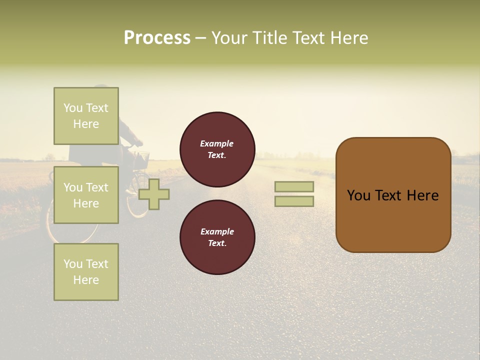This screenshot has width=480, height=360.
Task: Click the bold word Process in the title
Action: coord(157,38)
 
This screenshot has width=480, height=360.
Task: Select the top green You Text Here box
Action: coord(86,116)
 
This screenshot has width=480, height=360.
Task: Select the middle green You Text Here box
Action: coord(86,195)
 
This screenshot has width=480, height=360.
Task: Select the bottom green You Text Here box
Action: coord(86,271)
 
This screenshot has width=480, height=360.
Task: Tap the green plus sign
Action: coord(153,194)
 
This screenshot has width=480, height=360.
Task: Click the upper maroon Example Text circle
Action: coord(217,149)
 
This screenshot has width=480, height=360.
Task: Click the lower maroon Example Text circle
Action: coord(217,237)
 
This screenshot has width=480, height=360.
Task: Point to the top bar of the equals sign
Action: coord(294,186)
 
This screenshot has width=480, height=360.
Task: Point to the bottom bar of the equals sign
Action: coord(294,201)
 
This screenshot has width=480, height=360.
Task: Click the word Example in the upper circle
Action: coord(216,143)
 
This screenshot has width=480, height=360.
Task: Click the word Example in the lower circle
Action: coord(217,231)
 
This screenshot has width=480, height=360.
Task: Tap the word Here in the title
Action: coord(348,38)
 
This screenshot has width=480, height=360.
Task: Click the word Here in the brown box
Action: coord(422,195)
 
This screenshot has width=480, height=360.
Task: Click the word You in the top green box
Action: coord(73,108)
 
